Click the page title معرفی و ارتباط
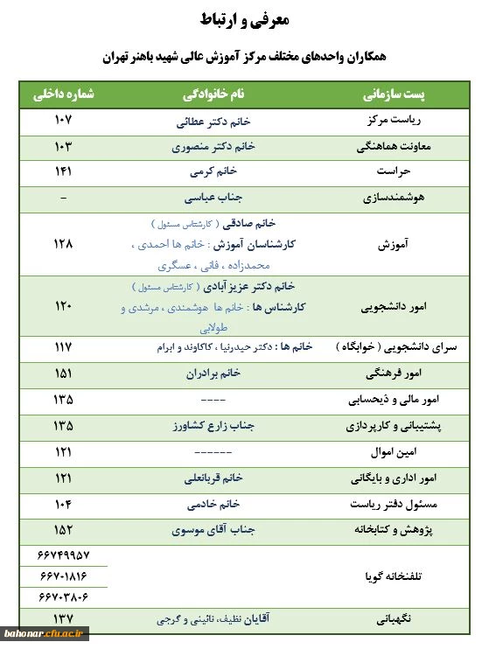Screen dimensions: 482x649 (242, 20)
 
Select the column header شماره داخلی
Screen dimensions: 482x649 (64, 94)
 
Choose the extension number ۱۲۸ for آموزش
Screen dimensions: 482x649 (63, 244)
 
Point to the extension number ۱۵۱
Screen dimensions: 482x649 (63, 373)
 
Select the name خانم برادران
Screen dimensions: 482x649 (213, 373)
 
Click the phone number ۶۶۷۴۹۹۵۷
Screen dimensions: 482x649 (64, 555)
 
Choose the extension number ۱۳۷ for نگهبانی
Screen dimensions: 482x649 (63, 618)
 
